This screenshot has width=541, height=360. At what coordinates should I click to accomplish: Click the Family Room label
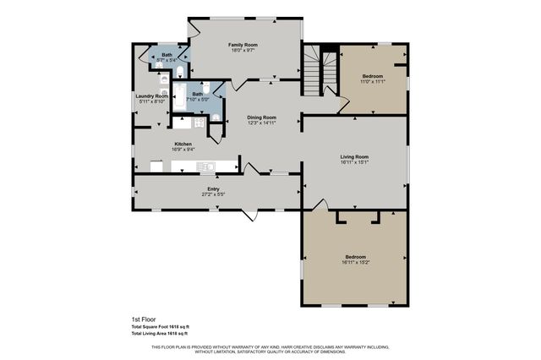click(243, 44)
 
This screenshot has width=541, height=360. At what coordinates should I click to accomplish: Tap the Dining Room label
click(261, 117)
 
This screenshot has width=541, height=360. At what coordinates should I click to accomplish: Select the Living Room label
click(354, 156)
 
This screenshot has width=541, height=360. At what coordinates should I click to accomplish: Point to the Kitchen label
click(183, 145)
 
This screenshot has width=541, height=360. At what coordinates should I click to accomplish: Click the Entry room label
click(213, 189)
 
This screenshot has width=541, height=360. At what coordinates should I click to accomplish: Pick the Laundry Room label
click(152, 96)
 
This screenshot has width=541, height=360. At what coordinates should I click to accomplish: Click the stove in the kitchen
click(199, 123)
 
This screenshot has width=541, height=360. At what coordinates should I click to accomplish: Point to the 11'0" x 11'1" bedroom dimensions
click(372, 82)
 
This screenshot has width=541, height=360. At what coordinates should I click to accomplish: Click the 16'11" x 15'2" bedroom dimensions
click(355, 262)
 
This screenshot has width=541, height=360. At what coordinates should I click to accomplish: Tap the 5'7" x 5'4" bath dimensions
click(167, 61)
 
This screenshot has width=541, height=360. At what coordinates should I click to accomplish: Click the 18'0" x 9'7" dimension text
click(243, 50)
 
